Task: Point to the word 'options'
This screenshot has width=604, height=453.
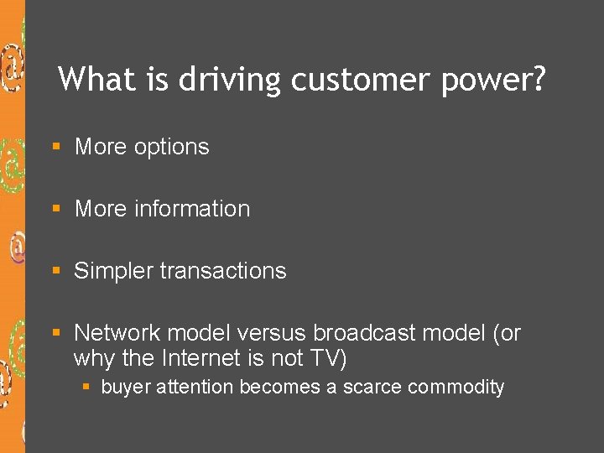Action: tap(165, 148)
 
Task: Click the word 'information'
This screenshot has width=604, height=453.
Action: tap(192, 209)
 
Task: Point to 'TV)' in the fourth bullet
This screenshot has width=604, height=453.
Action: tap(328, 358)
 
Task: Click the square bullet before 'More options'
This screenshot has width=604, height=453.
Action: tap(56, 147)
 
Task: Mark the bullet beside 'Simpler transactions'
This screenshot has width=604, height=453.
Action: tap(56, 271)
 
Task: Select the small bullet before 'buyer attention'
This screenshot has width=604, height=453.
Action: tap(86, 387)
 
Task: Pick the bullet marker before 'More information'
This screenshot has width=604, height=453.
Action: tap(56, 209)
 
